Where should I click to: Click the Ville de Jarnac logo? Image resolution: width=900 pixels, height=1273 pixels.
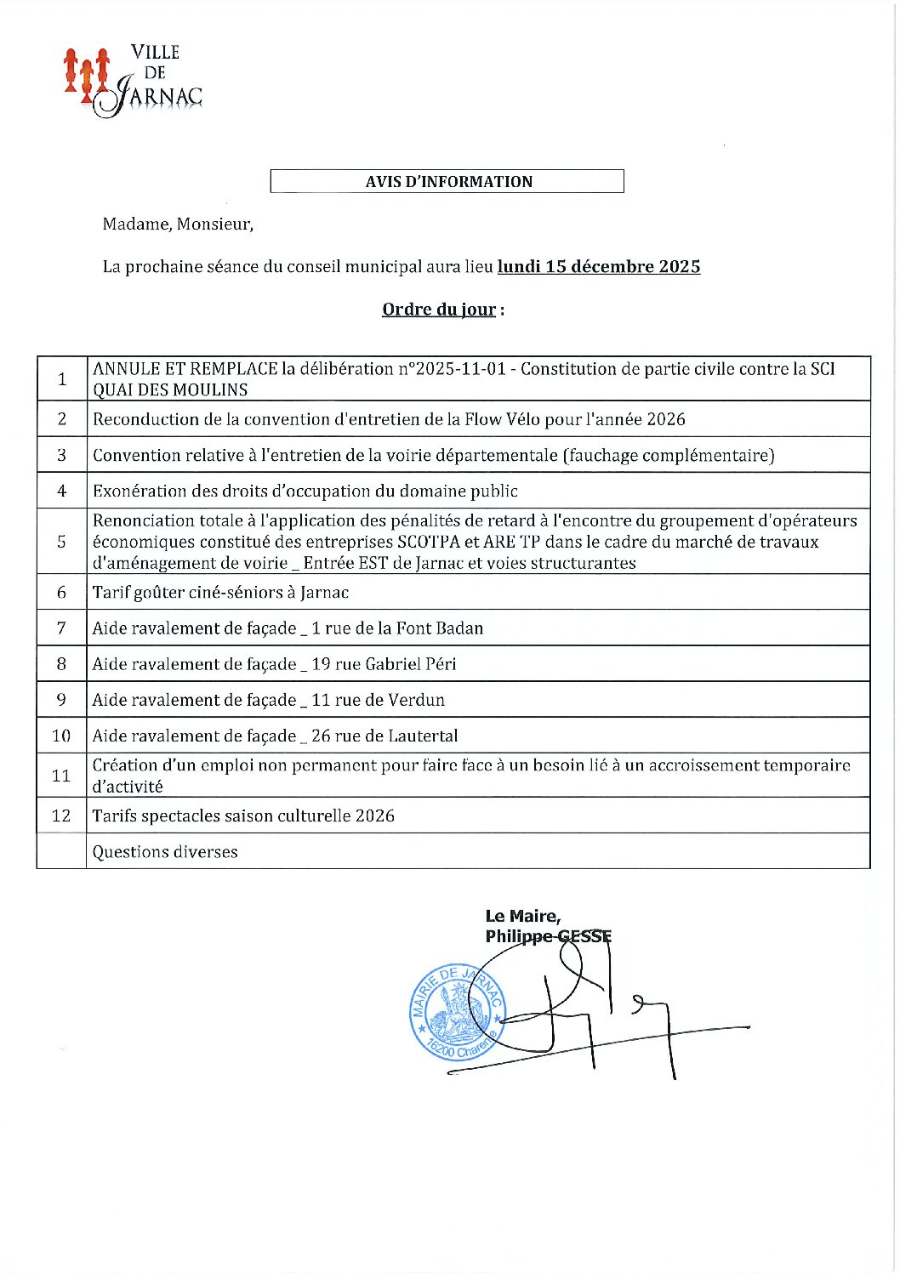[x=134, y=81]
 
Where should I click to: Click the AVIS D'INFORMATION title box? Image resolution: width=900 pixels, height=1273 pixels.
[x=447, y=181]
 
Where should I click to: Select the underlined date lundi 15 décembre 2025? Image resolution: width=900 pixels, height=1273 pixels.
[x=599, y=267]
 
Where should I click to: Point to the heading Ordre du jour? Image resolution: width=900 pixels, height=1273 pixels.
[x=439, y=310]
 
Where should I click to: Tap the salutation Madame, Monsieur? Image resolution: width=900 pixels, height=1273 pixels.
[x=178, y=224]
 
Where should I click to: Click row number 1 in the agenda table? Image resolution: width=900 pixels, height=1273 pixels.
[x=61, y=379]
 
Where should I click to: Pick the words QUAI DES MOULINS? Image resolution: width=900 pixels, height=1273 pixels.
[x=170, y=390]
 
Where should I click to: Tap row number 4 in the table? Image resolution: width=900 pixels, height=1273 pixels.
[x=61, y=491]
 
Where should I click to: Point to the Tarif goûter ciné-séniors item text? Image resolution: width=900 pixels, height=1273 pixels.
[x=220, y=593]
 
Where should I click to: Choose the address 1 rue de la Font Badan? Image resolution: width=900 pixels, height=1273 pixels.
[x=397, y=628]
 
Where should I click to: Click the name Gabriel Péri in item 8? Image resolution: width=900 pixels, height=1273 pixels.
[x=411, y=664]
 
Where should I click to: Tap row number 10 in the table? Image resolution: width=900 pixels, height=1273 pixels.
[x=61, y=736]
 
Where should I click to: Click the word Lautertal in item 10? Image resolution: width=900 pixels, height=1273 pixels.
[x=423, y=736]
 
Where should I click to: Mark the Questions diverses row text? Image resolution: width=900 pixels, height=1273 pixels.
[x=165, y=852]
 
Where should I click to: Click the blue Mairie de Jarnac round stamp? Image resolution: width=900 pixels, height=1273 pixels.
[x=457, y=1013]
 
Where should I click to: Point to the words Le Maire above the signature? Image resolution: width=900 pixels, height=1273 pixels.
[x=522, y=916]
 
